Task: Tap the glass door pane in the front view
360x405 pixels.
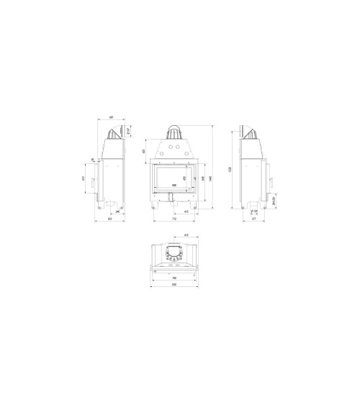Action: [x=172, y=178]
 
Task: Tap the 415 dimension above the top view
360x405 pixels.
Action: [x=186, y=235]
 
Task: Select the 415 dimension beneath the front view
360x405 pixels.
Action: [x=186, y=212]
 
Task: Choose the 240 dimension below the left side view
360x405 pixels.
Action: [x=117, y=212]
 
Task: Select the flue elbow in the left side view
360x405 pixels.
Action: [x=114, y=132]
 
